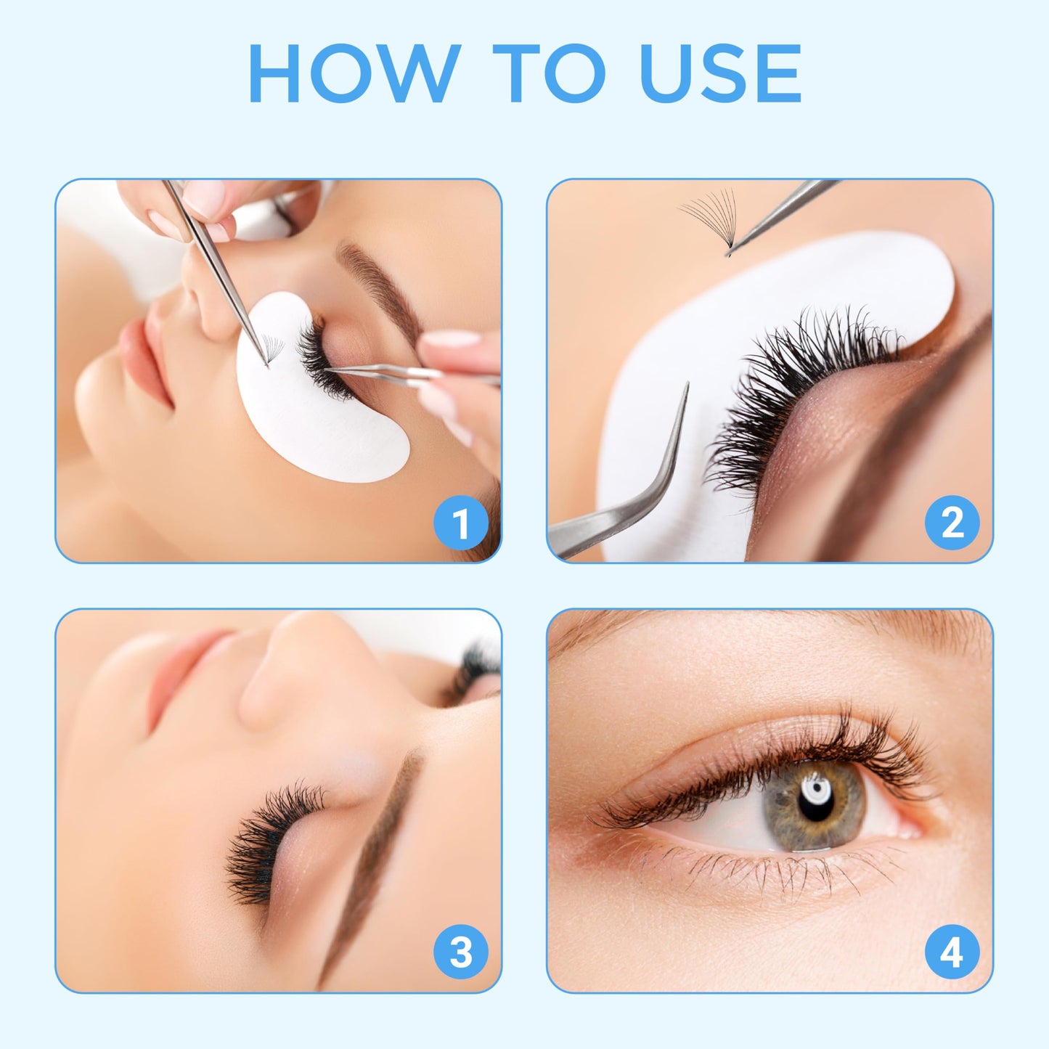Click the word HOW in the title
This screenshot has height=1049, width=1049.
354,73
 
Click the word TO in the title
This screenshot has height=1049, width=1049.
549,73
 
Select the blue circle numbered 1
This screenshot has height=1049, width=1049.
460,523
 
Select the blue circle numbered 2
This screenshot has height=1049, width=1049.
952,523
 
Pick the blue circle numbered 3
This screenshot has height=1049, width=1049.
460,952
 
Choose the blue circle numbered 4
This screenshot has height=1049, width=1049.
952,952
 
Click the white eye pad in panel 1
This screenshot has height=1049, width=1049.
319,428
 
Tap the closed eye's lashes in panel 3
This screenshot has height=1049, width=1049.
265,842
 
